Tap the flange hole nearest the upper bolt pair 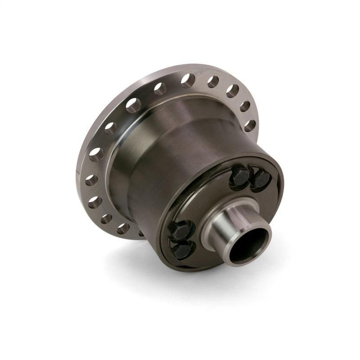[x=250, y=125]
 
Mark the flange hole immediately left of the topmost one [x=160, y=89]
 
